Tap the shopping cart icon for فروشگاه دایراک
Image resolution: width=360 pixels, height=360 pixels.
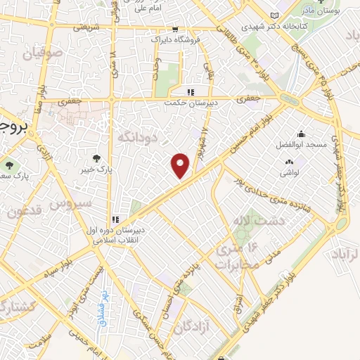(174, 30)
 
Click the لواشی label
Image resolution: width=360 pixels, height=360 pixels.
(290, 172)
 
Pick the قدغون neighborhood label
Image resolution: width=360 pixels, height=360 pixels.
(27, 210)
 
